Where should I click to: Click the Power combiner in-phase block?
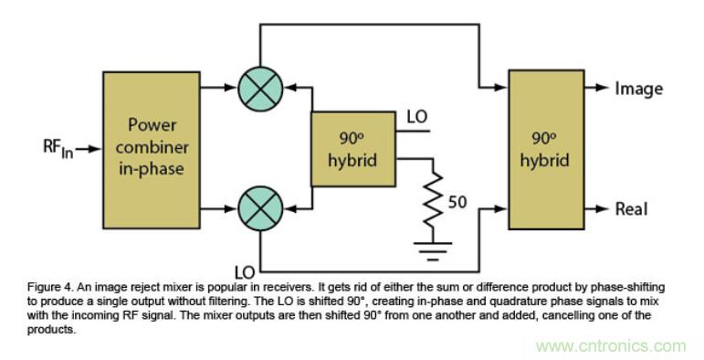[152, 150]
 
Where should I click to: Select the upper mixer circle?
[260, 89]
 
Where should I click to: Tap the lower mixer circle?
[260, 208]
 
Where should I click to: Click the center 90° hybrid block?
[353, 149]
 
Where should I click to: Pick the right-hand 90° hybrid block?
[546, 150]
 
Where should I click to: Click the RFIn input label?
[58, 148]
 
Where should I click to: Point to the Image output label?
[638, 89]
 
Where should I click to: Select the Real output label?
[631, 209]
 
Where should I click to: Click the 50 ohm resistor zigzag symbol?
[433, 199]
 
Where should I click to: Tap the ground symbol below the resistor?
[433, 251]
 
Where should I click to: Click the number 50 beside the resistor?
[457, 202]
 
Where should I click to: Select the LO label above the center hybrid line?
[417, 117]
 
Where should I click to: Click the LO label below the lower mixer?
[245, 272]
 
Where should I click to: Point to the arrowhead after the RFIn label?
[95, 149]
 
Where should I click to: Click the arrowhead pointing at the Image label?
[603, 88]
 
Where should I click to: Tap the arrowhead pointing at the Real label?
[603, 208]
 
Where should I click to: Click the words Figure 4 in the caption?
[47, 287]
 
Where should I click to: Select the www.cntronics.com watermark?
[611, 346]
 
